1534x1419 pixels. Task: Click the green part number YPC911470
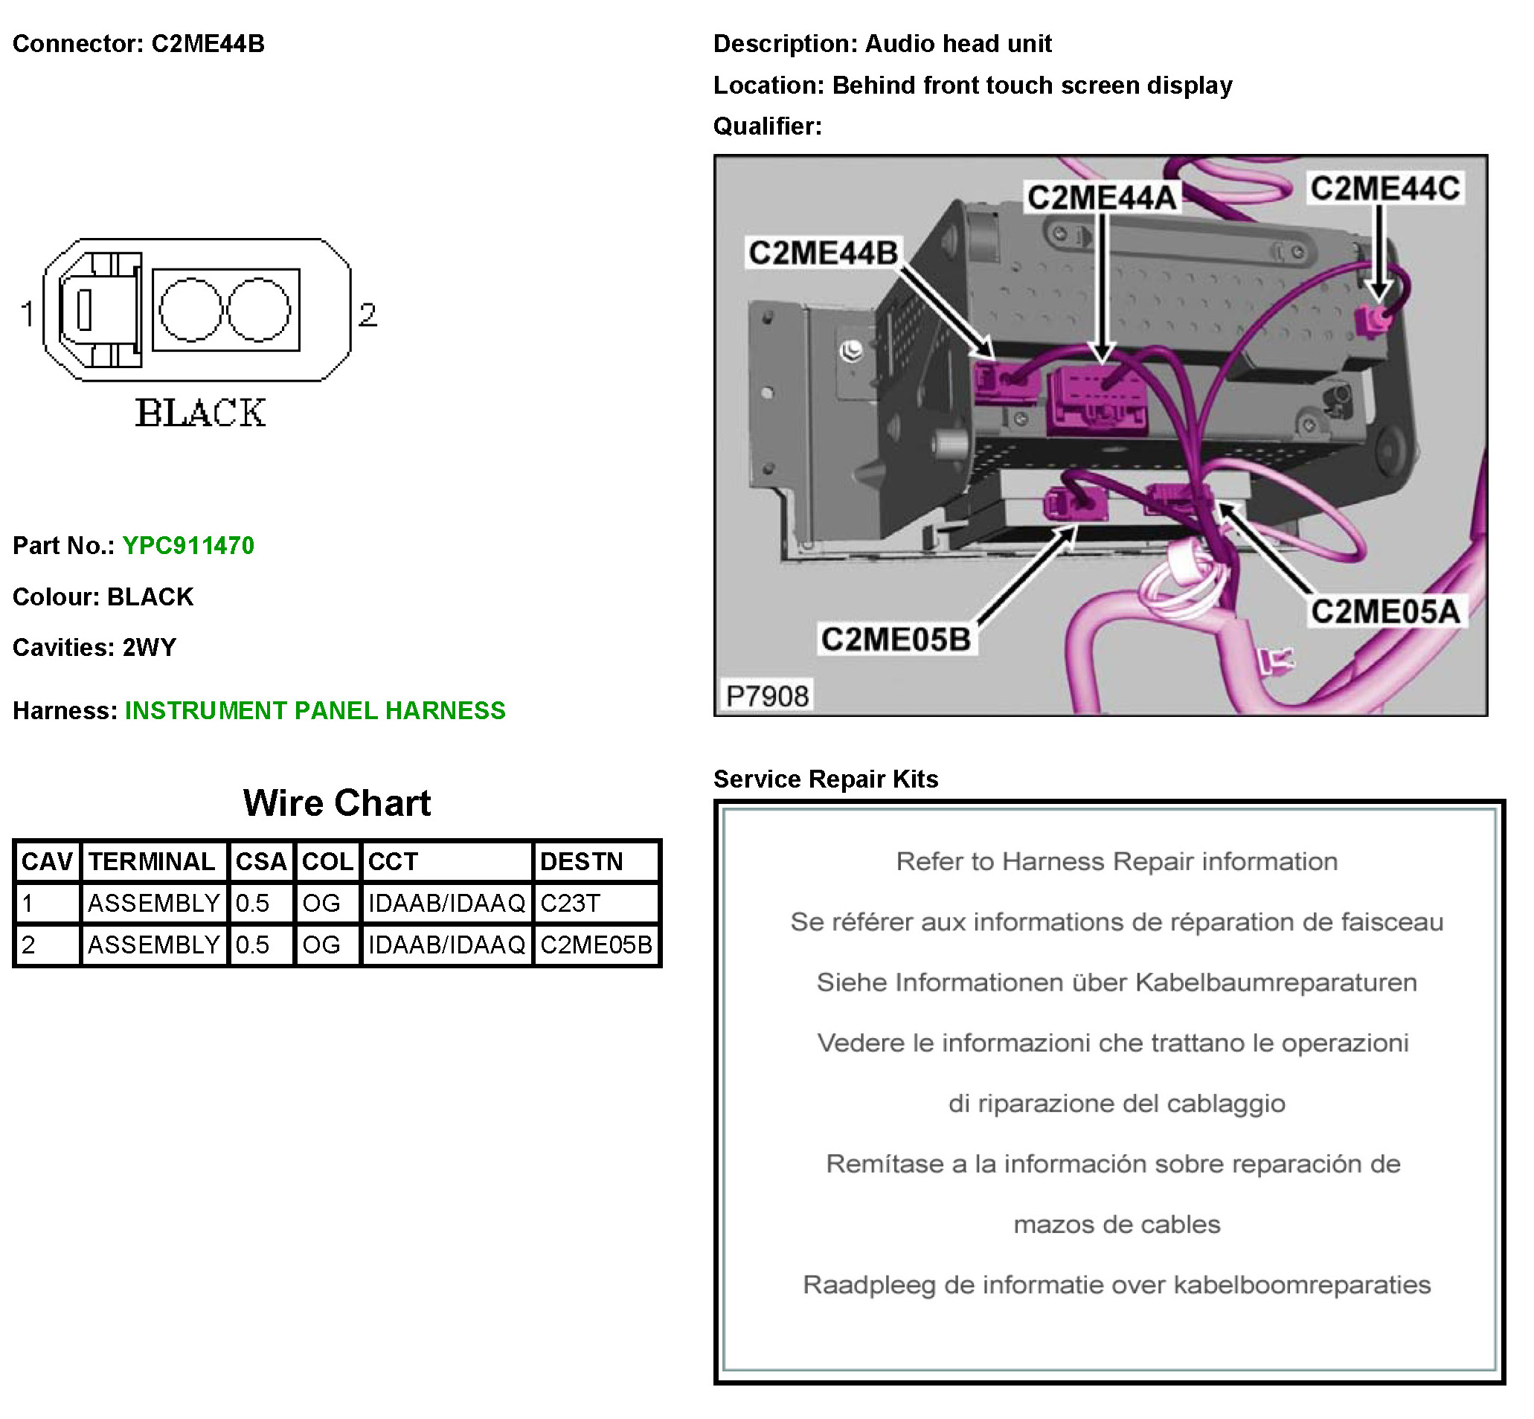coord(188,545)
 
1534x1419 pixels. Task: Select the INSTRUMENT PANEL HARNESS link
coord(315,710)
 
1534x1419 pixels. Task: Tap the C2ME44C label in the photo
coord(1384,189)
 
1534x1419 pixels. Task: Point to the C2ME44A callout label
coord(1102,198)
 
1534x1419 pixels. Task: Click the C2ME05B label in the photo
coord(896,639)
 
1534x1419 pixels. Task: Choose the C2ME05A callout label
coord(1385,612)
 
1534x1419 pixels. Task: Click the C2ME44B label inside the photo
coord(823,253)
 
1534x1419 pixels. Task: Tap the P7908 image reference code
coord(766,696)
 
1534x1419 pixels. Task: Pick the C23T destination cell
coord(570,903)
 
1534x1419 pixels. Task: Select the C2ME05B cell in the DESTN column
coord(596,945)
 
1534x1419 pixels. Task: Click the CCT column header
coord(393,861)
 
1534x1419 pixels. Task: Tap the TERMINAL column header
coord(152,861)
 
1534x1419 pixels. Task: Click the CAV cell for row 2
coord(29,945)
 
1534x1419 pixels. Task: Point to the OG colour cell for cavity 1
coord(321,903)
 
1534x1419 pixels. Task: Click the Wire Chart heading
coord(336,803)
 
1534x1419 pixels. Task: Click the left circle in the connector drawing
coord(190,309)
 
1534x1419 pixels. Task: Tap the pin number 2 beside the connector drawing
coord(368,315)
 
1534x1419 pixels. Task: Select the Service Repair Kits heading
coord(826,779)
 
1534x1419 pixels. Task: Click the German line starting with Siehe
coord(1116,982)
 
